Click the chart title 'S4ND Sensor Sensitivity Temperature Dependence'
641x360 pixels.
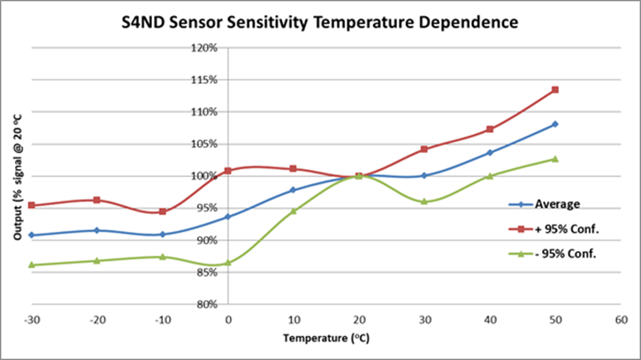320,19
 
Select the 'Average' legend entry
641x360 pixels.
557,204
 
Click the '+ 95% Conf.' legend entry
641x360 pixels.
563,229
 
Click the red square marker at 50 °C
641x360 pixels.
555,89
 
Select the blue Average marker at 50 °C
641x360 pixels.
555,124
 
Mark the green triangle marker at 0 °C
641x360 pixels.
228,263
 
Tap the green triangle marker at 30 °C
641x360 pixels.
424,202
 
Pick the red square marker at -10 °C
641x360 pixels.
163,211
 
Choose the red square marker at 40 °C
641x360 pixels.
490,129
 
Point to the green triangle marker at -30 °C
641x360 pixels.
32,264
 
